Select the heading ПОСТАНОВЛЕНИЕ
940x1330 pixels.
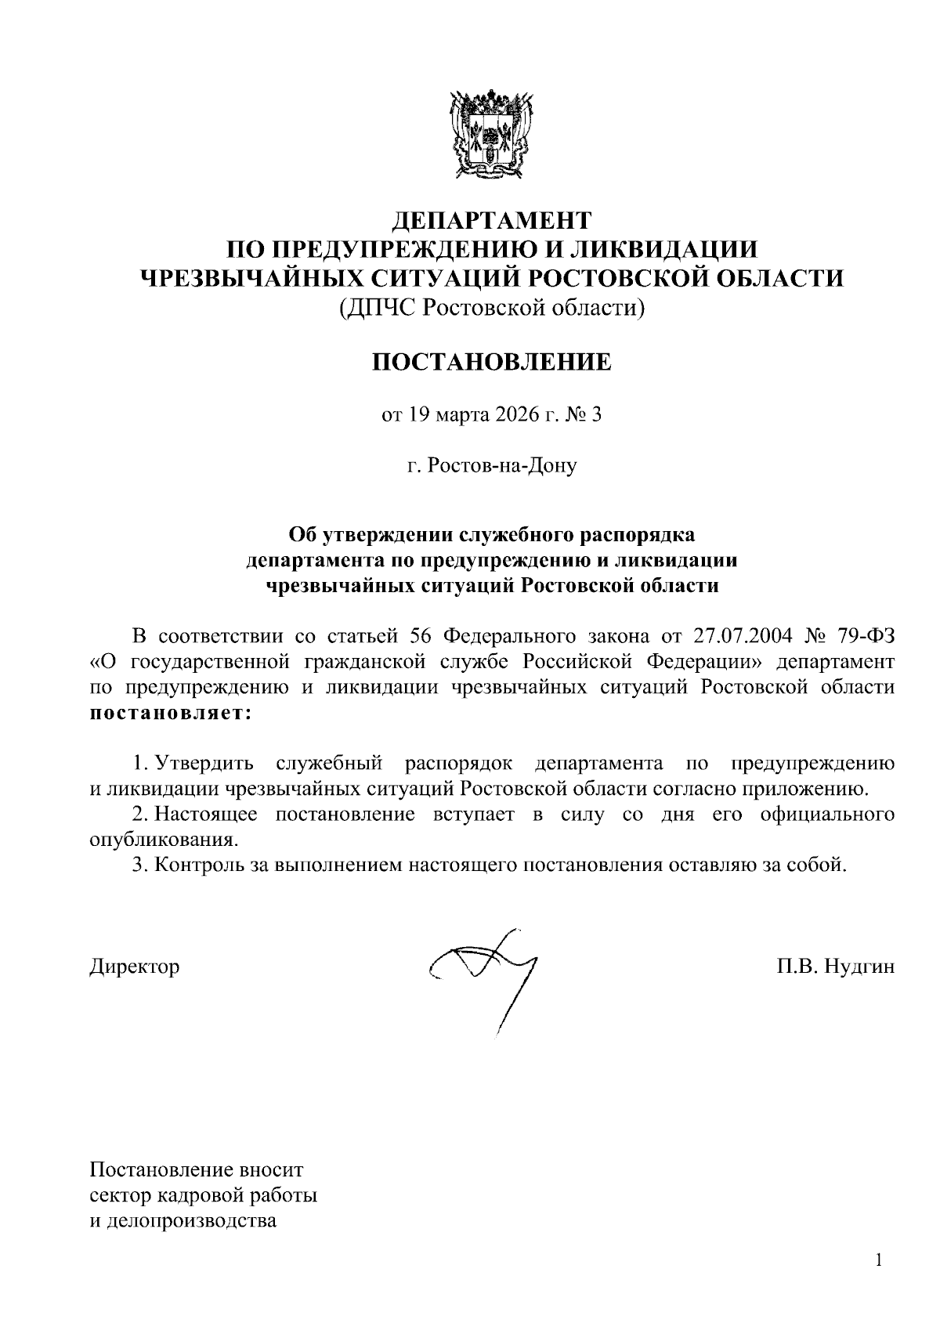(x=491, y=362)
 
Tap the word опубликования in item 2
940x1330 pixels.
(x=163, y=840)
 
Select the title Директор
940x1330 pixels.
(x=134, y=967)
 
